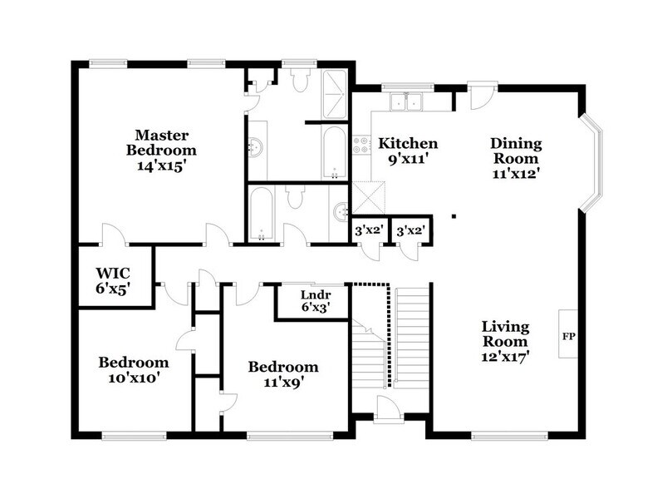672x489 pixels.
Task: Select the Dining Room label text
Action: click(514, 151)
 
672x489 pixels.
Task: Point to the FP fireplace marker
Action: click(569, 338)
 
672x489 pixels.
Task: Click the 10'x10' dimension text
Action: click(134, 378)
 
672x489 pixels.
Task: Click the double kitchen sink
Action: click(406, 102)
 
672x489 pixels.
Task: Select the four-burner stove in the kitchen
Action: click(361, 146)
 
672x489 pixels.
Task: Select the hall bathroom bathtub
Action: click(261, 214)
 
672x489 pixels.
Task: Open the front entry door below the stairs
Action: click(387, 409)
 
